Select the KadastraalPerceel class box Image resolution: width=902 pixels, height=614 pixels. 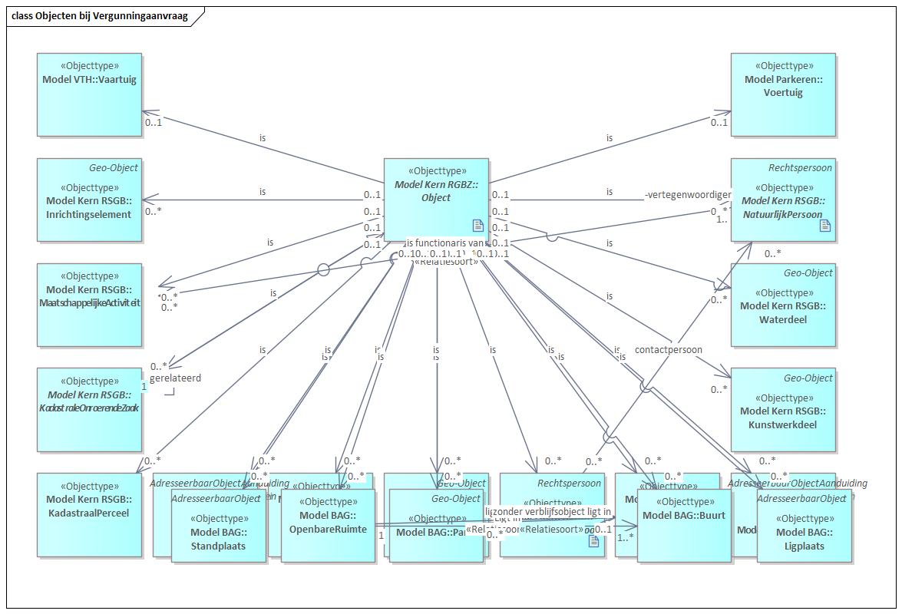coord(89,514)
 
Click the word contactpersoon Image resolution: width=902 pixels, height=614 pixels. coord(668,350)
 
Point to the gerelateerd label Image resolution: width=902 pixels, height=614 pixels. coord(175,378)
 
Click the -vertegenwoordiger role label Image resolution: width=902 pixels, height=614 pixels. coord(688,195)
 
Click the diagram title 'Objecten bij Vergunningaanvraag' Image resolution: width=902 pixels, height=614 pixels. coord(100,16)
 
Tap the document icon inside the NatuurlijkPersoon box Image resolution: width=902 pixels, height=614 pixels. coord(824,225)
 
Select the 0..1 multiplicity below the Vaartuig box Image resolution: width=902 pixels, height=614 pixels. coord(154,122)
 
